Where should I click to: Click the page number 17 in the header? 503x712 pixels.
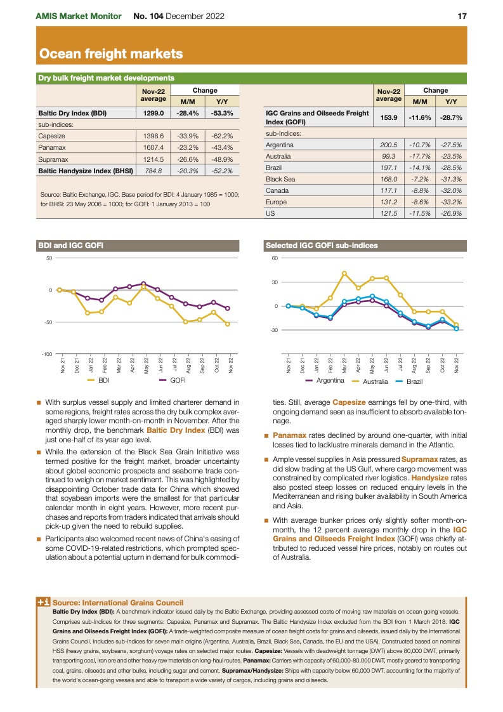click(x=462, y=15)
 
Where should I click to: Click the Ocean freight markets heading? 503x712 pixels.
click(x=111, y=54)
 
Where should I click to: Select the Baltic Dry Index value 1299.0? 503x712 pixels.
click(x=153, y=114)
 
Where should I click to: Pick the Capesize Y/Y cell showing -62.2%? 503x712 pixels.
click(x=222, y=136)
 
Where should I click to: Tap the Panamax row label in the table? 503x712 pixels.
click(x=51, y=147)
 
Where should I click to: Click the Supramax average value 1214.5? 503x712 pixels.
click(x=153, y=159)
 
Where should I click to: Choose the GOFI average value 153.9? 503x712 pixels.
click(x=388, y=118)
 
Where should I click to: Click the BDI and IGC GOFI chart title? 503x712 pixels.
click(x=70, y=245)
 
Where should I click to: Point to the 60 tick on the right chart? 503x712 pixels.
click(x=275, y=258)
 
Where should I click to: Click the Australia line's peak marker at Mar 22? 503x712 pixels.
click(x=344, y=274)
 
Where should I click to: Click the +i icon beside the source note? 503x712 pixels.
click(x=43, y=602)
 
